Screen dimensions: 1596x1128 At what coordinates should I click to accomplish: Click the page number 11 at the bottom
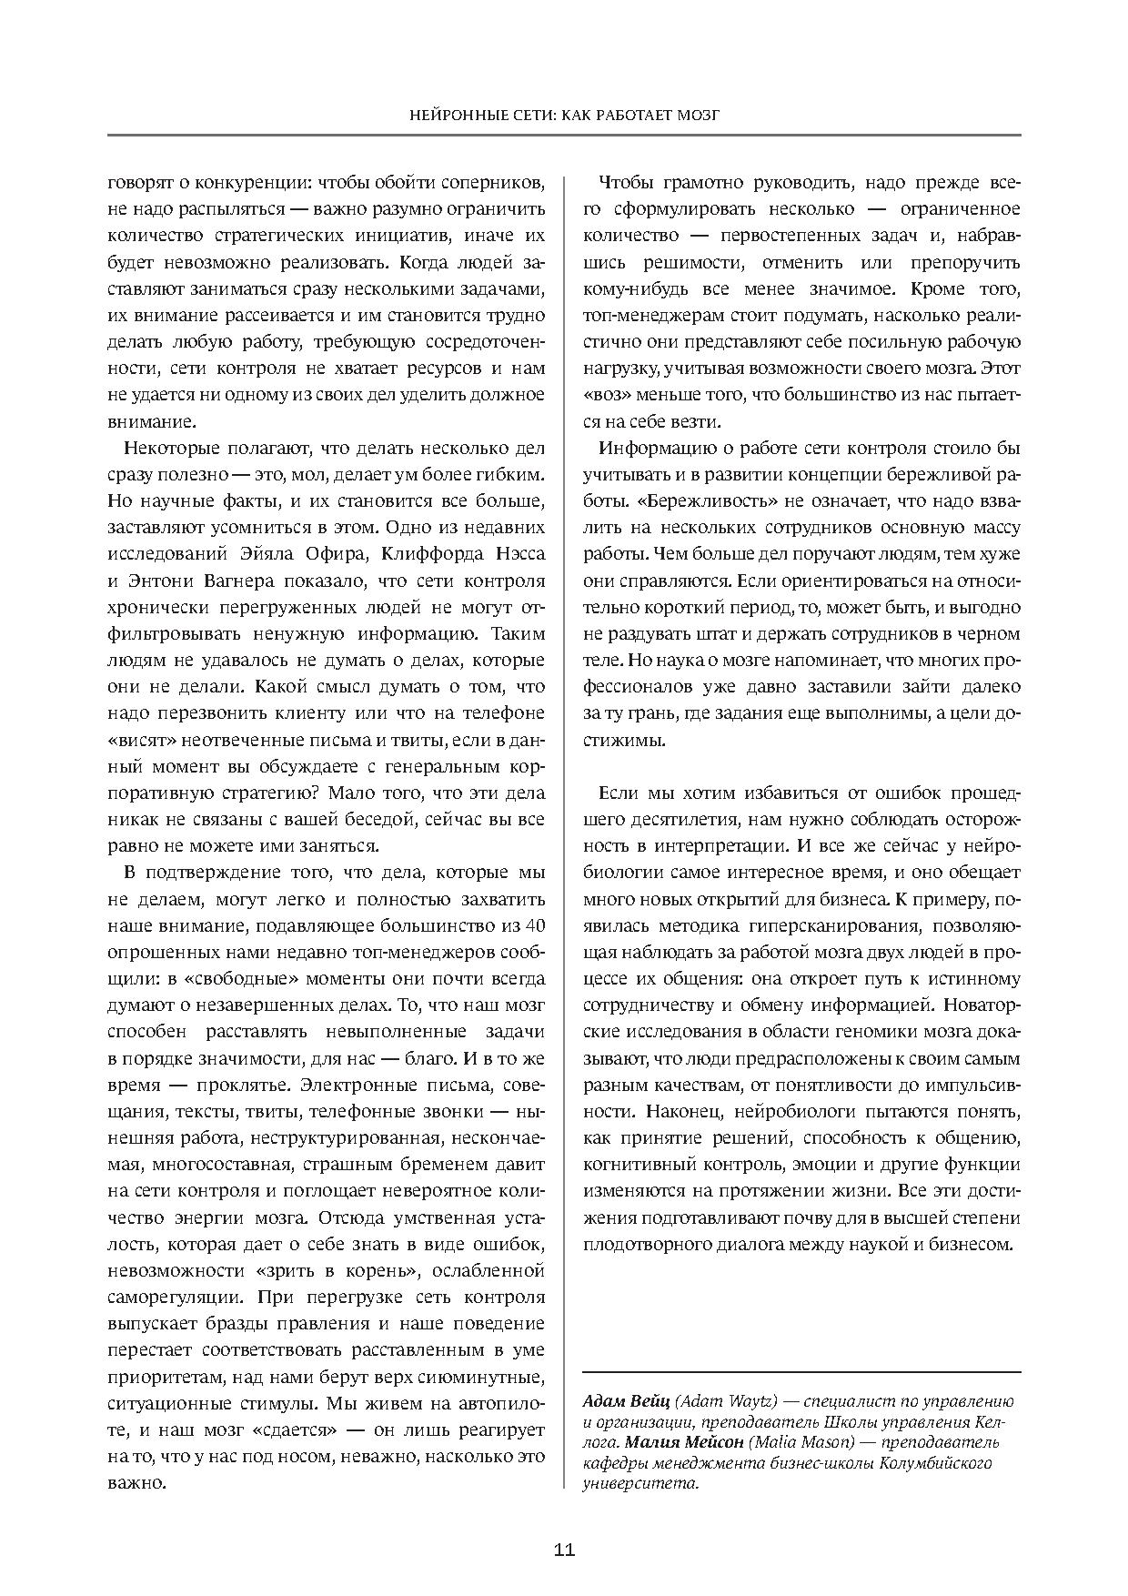coord(564,1551)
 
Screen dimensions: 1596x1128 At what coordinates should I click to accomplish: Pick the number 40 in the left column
coord(535,925)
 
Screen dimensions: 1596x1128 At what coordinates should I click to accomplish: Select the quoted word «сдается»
coord(297,1429)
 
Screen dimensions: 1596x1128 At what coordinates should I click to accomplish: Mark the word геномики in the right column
coord(846,1032)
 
